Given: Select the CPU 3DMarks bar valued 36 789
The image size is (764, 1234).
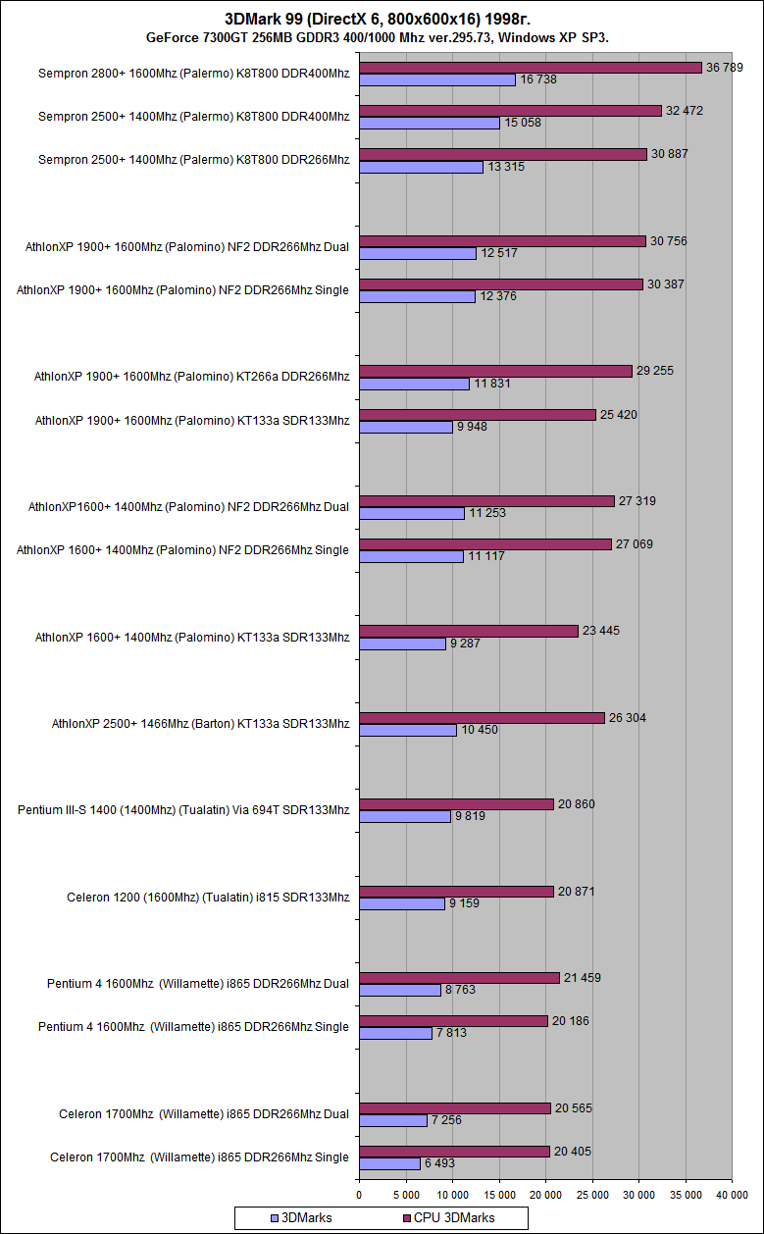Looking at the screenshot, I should pyautogui.click(x=531, y=68).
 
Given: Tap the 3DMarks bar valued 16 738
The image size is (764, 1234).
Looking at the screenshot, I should pyautogui.click(x=437, y=79).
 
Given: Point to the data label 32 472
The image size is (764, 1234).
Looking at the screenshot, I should pyautogui.click(x=685, y=111).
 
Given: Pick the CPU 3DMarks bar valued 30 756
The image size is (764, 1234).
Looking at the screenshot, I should pyautogui.click(x=502, y=241).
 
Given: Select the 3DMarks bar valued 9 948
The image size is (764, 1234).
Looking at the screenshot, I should pyautogui.click(x=405, y=427).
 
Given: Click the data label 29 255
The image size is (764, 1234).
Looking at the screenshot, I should pyautogui.click(x=655, y=371).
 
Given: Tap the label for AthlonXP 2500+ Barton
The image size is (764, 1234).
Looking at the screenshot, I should pyautogui.click(x=200, y=724).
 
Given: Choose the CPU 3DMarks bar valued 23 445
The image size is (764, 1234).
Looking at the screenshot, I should pyautogui.click(x=469, y=631).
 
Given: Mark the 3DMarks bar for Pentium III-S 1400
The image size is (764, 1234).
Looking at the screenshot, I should pyautogui.click(x=405, y=816).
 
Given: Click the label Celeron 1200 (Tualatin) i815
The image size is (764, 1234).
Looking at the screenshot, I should pyautogui.click(x=208, y=898).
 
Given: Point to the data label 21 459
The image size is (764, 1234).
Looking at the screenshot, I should pyautogui.click(x=583, y=978).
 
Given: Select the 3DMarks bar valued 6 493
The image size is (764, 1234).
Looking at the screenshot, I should pyautogui.click(x=389, y=1163).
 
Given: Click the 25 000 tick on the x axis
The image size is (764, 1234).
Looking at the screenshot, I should pyautogui.click(x=592, y=1194).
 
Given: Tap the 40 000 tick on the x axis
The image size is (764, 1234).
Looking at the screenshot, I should pyautogui.click(x=732, y=1194).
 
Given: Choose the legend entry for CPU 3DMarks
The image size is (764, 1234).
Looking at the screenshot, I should pyautogui.click(x=448, y=1217).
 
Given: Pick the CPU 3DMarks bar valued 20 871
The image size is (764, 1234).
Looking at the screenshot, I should pyautogui.click(x=456, y=892).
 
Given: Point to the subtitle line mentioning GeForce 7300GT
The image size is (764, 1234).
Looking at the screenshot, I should pyautogui.click(x=382, y=37).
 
